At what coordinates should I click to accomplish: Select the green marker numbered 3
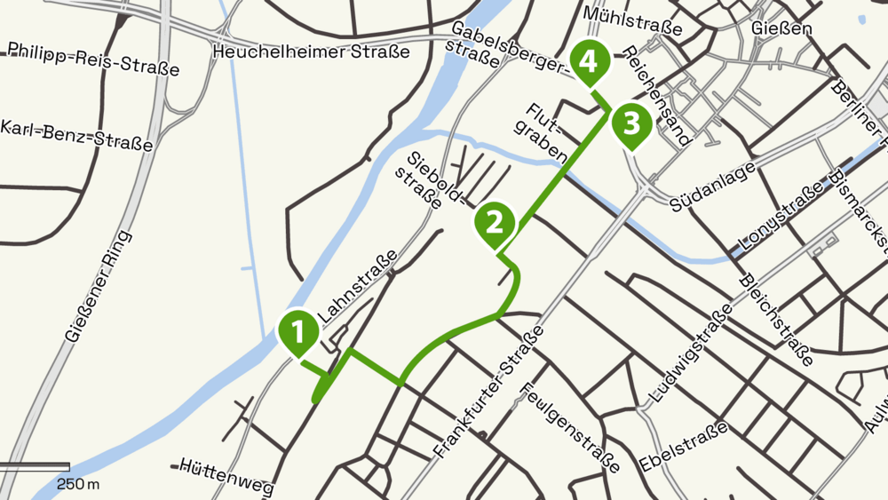(x=630, y=123)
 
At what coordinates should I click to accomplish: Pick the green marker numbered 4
(x=590, y=61)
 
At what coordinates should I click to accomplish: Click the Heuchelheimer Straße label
(x=312, y=52)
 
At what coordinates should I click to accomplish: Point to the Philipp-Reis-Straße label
(x=92, y=58)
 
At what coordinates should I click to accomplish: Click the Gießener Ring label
(x=99, y=287)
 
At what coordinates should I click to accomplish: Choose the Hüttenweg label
(x=225, y=476)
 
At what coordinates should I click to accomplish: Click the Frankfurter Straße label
(x=489, y=393)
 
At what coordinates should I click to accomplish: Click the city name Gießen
(x=782, y=29)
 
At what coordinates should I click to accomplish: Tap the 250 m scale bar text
(x=78, y=484)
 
